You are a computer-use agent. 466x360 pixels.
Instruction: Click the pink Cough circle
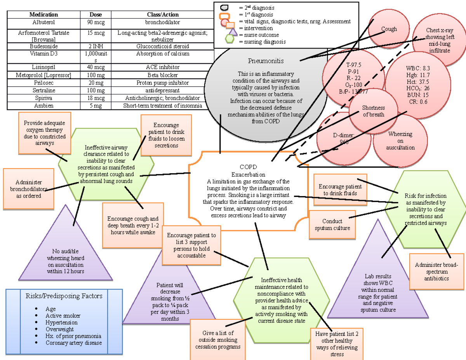pyautogui.click(x=389, y=29)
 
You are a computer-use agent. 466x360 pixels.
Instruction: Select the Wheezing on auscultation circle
pyautogui.click(x=400, y=141)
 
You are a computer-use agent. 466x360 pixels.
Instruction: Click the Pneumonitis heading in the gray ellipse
pyautogui.click(x=266, y=61)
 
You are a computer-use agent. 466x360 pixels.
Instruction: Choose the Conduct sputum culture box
pyautogui.click(x=332, y=224)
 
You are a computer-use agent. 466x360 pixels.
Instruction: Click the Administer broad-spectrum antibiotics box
pyautogui.click(x=436, y=271)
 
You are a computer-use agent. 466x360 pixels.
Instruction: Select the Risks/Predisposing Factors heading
pyautogui.click(x=64, y=296)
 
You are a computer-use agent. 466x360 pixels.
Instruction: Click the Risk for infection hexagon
pyautogui.click(x=426, y=209)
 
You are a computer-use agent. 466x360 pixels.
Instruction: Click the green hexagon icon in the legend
pyautogui.click(x=230, y=39)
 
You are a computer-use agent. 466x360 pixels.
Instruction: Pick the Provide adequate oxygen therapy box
pyautogui.click(x=45, y=132)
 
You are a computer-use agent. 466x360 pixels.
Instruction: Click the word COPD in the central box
pyautogui.click(x=248, y=167)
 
